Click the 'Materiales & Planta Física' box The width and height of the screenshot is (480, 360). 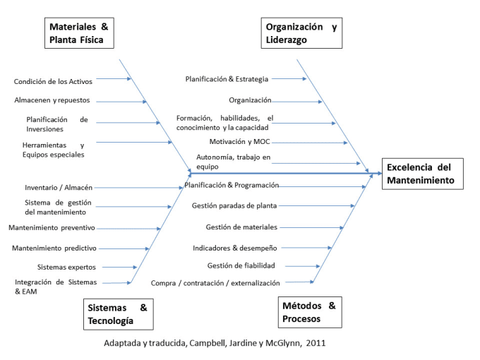(x=80, y=33)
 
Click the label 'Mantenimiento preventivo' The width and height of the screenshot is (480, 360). (x=52, y=228)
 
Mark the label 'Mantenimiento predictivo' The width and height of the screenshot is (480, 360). (x=54, y=248)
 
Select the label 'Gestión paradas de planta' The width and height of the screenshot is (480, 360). (x=234, y=205)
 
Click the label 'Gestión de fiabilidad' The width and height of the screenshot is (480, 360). (x=241, y=265)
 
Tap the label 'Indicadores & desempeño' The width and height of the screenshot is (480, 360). (x=235, y=248)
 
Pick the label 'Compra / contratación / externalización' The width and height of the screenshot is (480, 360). (x=215, y=283)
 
